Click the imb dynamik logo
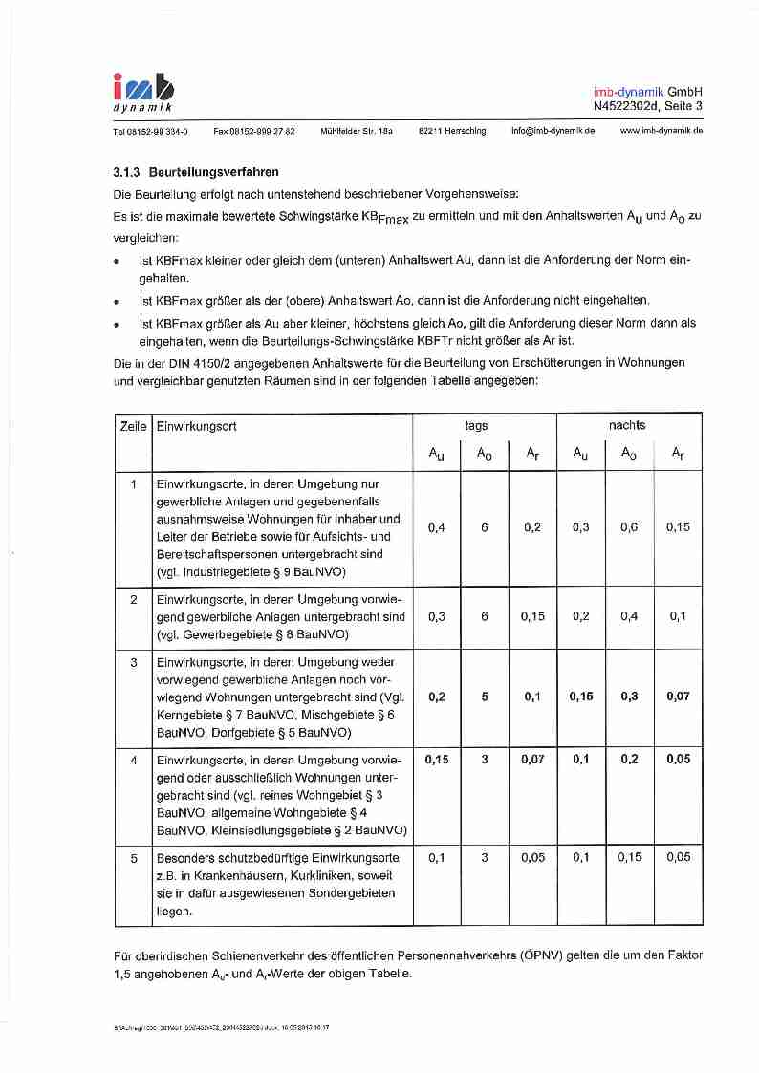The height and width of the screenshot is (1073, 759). (144, 92)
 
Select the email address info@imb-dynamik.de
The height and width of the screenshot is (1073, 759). (553, 131)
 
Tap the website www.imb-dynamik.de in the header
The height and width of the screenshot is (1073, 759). (661, 131)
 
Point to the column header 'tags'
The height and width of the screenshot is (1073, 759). (476, 426)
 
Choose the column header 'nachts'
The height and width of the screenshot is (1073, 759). (627, 426)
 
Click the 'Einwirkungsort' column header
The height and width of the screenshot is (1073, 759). (197, 426)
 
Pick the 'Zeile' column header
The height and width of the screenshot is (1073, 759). (133, 426)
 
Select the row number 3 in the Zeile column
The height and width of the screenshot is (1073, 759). (134, 662)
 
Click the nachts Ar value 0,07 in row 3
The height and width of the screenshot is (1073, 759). (678, 697)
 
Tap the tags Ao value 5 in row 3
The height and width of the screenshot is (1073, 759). (485, 697)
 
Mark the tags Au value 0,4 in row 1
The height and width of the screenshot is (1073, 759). (437, 527)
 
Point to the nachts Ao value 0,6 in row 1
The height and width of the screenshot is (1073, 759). (629, 527)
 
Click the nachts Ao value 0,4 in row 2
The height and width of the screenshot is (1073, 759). (629, 616)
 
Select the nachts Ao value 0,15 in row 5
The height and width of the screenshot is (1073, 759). (629, 858)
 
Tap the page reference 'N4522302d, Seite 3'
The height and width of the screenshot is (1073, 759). (647, 106)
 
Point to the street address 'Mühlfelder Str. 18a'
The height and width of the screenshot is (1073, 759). (357, 131)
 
